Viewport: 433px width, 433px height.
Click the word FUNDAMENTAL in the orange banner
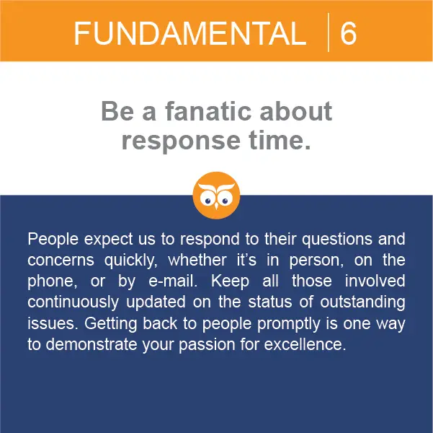pyautogui.click(x=190, y=34)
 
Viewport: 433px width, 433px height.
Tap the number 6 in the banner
pyautogui.click(x=348, y=33)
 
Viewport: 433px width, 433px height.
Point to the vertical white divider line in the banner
pyautogui.click(x=329, y=32)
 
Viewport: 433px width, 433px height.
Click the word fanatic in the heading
pyautogui.click(x=208, y=111)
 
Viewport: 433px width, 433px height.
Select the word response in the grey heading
pyautogui.click(x=181, y=141)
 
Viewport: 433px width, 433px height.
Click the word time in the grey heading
pyautogui.click(x=277, y=140)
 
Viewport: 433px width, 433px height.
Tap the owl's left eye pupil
pyautogui.click(x=208, y=201)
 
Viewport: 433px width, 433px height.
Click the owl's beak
pyautogui.click(x=216, y=206)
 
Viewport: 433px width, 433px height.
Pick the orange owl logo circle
pyautogui.click(x=216, y=196)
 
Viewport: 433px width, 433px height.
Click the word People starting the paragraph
pyautogui.click(x=53, y=240)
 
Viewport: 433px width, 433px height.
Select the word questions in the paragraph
pyautogui.click(x=337, y=240)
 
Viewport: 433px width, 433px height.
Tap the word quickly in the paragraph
pyautogui.click(x=131, y=261)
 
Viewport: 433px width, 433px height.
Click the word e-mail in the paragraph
pyautogui.click(x=173, y=281)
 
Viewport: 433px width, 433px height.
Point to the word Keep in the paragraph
pyautogui.click(x=231, y=281)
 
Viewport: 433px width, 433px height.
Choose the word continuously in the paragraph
pyautogui.click(x=73, y=302)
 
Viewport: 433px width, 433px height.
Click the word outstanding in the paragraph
pyautogui.click(x=362, y=302)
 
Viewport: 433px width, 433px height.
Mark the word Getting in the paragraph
pyautogui.click(x=110, y=324)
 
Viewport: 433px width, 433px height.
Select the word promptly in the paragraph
pyautogui.click(x=289, y=324)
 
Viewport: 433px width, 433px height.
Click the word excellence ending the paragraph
pyautogui.click(x=305, y=345)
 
